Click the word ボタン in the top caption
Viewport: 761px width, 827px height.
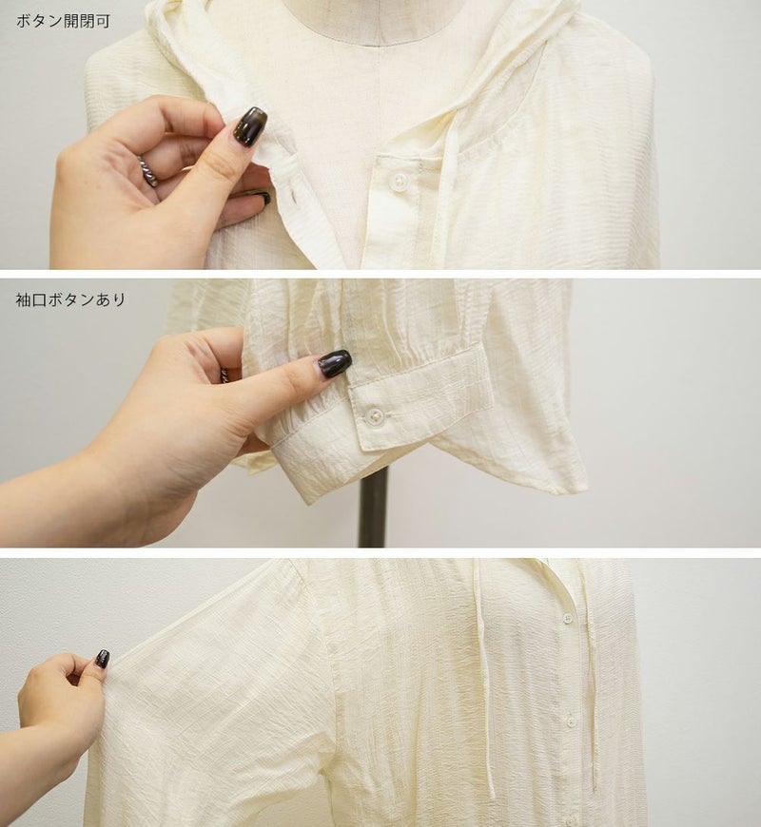40,21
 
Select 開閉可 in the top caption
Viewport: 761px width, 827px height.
88,21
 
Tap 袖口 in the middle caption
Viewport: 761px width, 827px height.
31,299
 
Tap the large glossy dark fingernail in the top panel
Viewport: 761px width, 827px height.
250,125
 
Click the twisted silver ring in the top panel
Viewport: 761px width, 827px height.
148,170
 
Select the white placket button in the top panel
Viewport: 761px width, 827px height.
399,181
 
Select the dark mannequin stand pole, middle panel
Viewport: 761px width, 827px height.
373,507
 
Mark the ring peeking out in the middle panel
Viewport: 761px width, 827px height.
224,375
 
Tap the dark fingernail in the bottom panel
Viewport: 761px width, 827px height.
103,658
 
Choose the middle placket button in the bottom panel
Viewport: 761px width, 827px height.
571,721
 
